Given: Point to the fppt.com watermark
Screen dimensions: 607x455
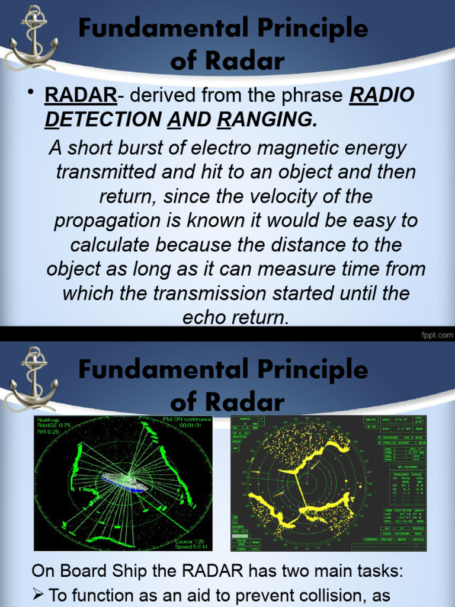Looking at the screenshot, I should point(437,336).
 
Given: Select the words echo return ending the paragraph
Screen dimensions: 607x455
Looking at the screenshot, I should point(236,318).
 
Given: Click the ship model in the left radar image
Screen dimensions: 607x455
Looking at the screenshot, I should point(124,482).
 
